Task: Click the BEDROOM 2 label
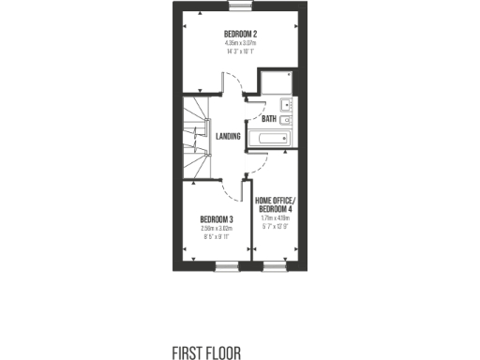240,34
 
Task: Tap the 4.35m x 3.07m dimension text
240,42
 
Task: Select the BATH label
269,119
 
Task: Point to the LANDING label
228,137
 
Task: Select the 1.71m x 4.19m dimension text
276,217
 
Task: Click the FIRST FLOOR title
206,352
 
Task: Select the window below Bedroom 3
227,266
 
